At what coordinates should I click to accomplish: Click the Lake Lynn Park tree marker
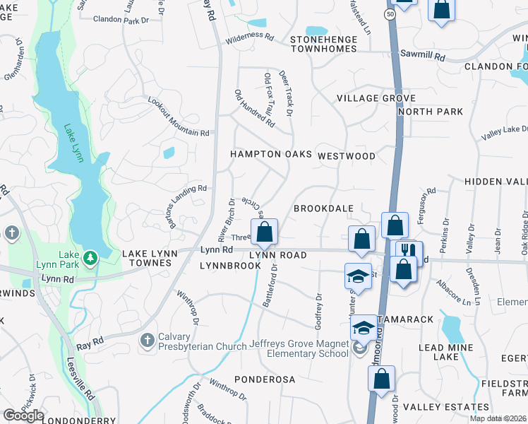(x=90, y=258)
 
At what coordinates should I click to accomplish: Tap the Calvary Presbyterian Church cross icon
(x=147, y=341)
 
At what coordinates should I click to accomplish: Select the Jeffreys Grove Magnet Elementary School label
(x=299, y=349)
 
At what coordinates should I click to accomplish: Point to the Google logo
(x=23, y=416)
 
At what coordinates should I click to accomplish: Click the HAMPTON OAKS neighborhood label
(x=271, y=154)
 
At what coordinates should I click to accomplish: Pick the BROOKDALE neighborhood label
(x=323, y=209)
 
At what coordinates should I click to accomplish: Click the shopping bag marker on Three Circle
(x=265, y=232)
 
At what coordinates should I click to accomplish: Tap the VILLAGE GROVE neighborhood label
(x=376, y=98)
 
